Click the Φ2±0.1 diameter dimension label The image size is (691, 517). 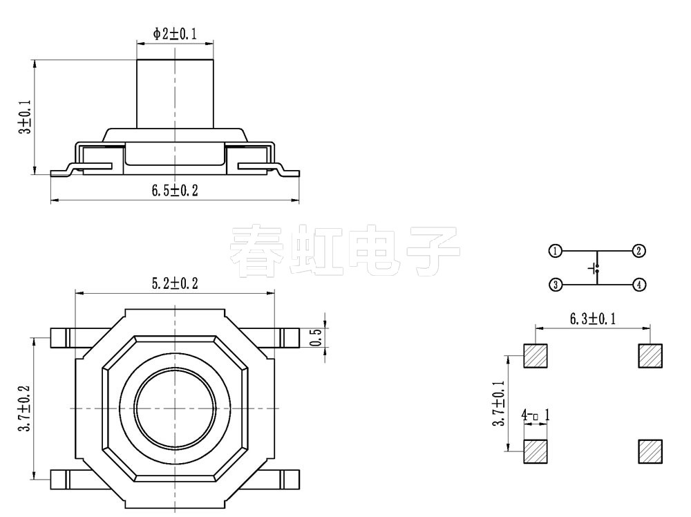point(175,33)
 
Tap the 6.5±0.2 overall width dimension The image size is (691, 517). point(175,191)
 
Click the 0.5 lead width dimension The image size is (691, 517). point(317,337)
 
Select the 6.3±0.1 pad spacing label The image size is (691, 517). point(593,319)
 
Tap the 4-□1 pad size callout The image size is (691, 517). point(536,415)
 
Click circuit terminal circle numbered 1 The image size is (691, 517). point(555,251)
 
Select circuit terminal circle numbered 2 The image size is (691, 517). point(639,251)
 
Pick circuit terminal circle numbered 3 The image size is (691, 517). point(555,284)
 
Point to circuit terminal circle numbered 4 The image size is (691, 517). point(639,284)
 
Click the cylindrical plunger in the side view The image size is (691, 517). point(175,93)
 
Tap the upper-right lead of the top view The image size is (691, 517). point(290,337)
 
